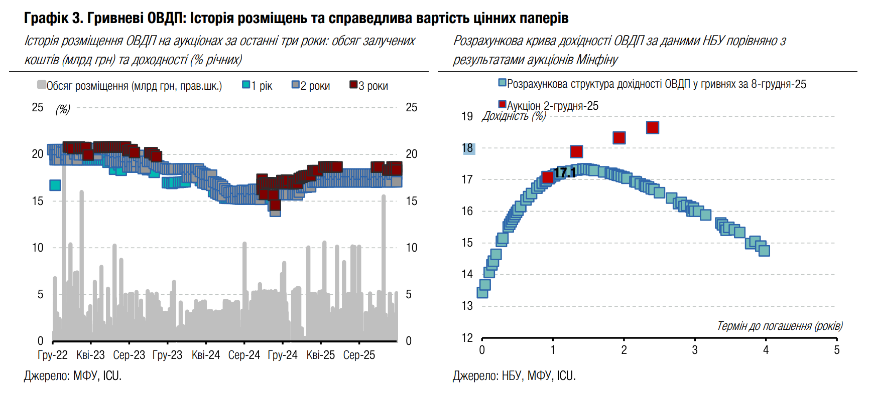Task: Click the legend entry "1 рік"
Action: (257, 86)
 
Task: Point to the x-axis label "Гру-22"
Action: (52, 355)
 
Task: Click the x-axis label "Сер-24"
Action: (244, 355)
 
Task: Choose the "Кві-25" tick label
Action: (320, 355)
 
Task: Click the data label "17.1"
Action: (565, 173)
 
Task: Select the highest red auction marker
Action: (652, 127)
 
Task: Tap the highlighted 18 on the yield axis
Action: (468, 148)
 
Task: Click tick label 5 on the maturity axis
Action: (836, 350)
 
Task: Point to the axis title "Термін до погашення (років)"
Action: (780, 326)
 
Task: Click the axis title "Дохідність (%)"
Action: (514, 116)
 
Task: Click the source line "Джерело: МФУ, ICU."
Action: (73, 376)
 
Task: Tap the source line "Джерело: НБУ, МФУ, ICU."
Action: (514, 376)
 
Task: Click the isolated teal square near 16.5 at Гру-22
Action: (55, 185)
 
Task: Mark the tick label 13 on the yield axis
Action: (467, 306)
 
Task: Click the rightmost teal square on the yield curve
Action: (764, 250)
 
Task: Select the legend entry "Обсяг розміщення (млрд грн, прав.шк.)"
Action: (130, 86)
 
